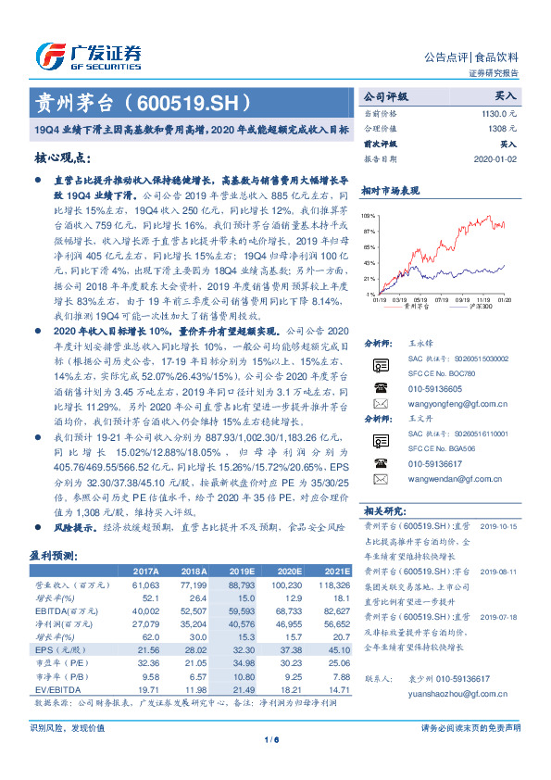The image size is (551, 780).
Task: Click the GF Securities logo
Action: (x=88, y=54)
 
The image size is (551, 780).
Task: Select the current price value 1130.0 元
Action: (x=496, y=112)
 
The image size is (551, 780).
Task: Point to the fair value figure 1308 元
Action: (x=501, y=128)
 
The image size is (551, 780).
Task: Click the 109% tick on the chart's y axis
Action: (x=369, y=216)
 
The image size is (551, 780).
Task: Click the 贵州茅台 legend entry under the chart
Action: (x=420, y=307)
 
